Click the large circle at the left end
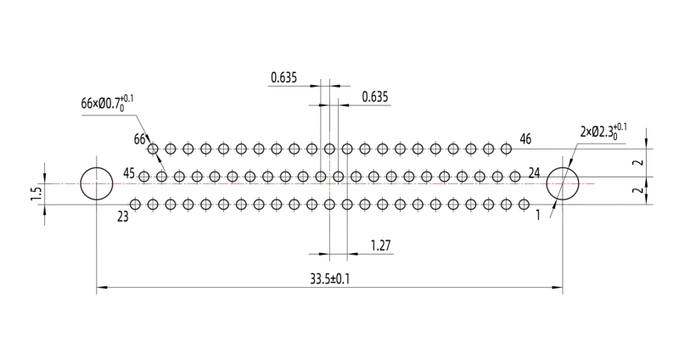point(96,183)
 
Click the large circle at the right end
point(562,183)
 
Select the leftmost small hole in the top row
point(153,149)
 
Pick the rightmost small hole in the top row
point(506,149)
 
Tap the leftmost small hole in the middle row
point(143,177)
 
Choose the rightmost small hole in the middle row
point(515,177)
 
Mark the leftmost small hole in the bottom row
point(135,205)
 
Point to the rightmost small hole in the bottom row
point(524,205)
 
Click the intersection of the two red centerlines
point(329,183)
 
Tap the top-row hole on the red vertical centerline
point(329,149)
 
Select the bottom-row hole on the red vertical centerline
point(329,205)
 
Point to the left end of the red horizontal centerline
point(53,183)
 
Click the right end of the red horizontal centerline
point(594,183)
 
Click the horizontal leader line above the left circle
point(109,115)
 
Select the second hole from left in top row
point(171,149)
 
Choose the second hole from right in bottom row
point(506,205)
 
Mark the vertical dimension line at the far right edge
point(646,161)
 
